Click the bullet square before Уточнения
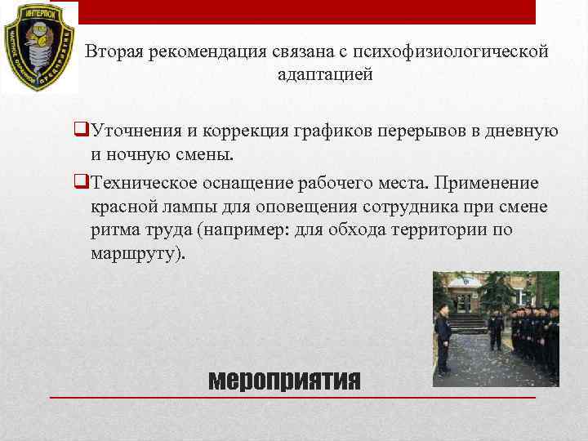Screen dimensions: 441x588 click(x=80, y=130)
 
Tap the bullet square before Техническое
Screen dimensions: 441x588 click(x=80, y=180)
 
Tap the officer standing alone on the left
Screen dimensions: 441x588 click(x=443, y=338)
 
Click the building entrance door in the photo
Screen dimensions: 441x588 click(x=464, y=301)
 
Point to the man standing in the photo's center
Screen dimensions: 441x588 click(x=495, y=328)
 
